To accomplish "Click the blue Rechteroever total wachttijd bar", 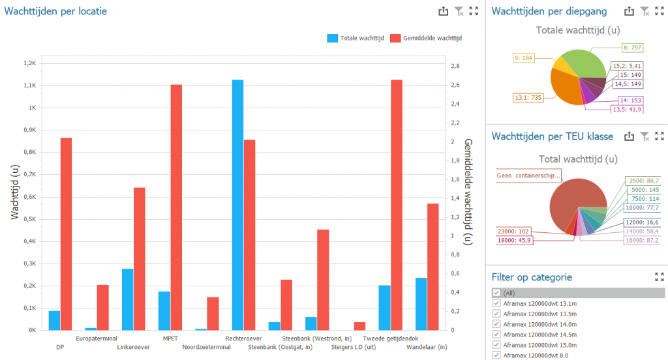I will (x=238, y=205).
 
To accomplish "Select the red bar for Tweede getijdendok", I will (x=396, y=205).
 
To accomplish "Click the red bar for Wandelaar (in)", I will (x=433, y=267).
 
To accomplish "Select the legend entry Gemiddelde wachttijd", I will (x=425, y=38).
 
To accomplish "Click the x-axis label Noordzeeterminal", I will (x=206, y=347).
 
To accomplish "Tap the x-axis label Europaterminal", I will (x=97, y=338).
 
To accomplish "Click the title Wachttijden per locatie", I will (x=56, y=11).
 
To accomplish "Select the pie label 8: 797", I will (x=633, y=47).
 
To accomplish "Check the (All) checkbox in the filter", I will (x=496, y=293).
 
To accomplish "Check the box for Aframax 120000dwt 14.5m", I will (x=496, y=334).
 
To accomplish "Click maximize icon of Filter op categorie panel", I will (x=659, y=277).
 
